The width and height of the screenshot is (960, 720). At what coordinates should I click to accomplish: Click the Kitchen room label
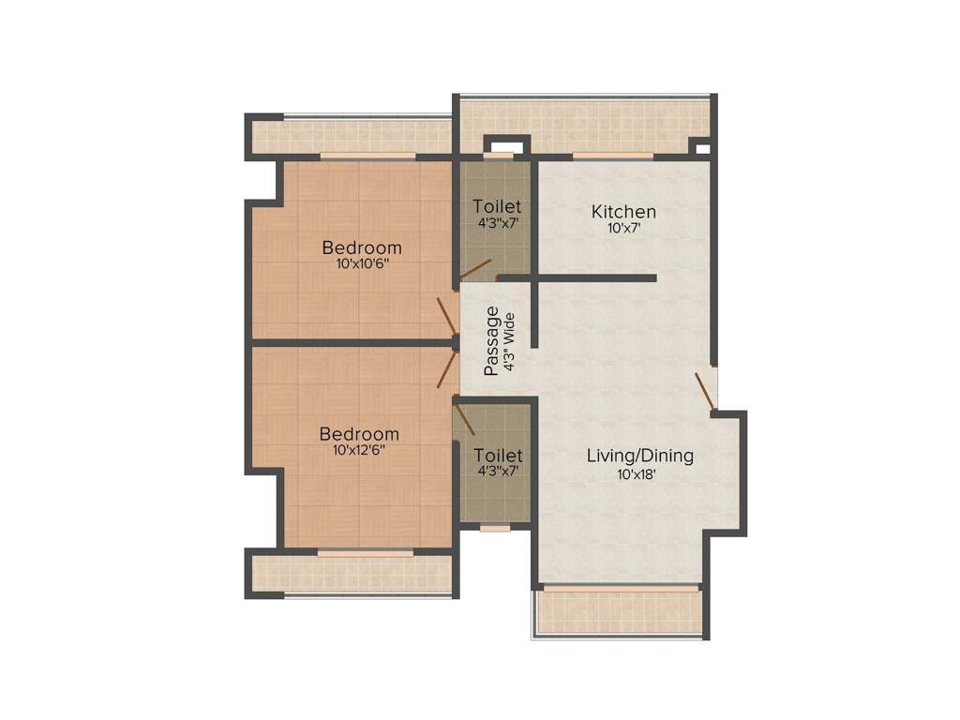pyautogui.click(x=623, y=212)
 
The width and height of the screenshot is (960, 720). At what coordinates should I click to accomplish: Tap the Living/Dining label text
pyautogui.click(x=640, y=457)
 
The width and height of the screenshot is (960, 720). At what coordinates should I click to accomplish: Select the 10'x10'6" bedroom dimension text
pyautogui.click(x=362, y=264)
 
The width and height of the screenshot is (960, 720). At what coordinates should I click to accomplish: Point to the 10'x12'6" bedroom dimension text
pyautogui.click(x=359, y=450)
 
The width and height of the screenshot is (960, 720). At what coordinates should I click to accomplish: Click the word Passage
pyautogui.click(x=492, y=341)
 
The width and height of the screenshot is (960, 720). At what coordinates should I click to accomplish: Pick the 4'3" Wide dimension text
pyautogui.click(x=510, y=341)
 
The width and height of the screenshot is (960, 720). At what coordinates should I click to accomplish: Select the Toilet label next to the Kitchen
pyautogui.click(x=497, y=206)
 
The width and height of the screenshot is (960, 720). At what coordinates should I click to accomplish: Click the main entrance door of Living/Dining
pyautogui.click(x=705, y=392)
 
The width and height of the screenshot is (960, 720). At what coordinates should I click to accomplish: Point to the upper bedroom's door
pyautogui.click(x=447, y=317)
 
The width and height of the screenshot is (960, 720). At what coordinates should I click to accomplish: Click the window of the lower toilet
pyautogui.click(x=496, y=528)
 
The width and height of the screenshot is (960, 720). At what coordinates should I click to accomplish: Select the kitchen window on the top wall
pyautogui.click(x=612, y=156)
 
